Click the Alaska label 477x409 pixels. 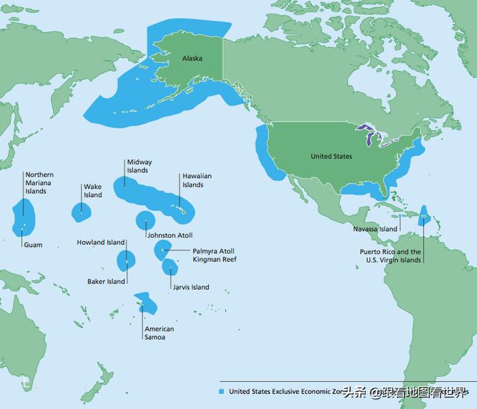click(x=192, y=59)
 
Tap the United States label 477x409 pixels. click(x=331, y=157)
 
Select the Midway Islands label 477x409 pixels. click(x=139, y=166)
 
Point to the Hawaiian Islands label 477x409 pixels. click(x=197, y=181)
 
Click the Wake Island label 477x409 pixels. click(x=92, y=191)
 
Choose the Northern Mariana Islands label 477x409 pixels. click(x=39, y=183)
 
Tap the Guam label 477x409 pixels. click(x=33, y=245)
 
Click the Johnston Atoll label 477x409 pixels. click(x=170, y=235)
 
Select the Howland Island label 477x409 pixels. click(x=100, y=242)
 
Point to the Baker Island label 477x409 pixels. click(x=106, y=282)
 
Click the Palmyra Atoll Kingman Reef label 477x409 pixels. click(x=214, y=256)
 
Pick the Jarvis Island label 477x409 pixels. click(x=190, y=287)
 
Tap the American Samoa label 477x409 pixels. click(x=158, y=333)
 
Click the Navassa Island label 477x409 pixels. click(x=375, y=230)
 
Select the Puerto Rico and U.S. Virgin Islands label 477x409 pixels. click(x=390, y=256)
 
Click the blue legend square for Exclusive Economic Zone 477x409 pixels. click(x=221, y=392)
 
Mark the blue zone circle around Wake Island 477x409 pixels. click(x=81, y=212)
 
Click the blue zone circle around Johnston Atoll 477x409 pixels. click(x=145, y=221)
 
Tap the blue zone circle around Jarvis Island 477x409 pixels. click(x=170, y=267)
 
